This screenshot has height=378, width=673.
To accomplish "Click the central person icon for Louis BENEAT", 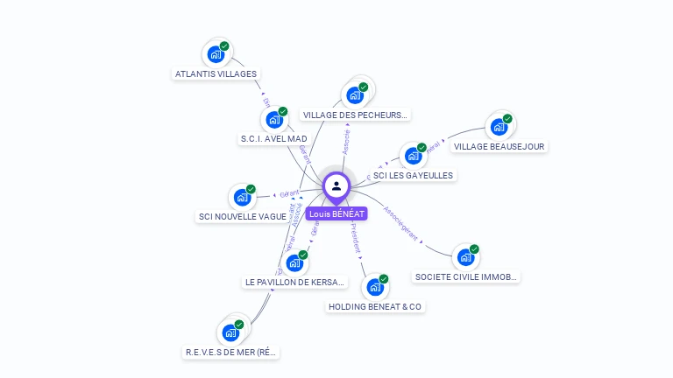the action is pyautogui.click(x=336, y=186).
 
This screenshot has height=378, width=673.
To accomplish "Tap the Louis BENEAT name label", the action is pyautogui.click(x=336, y=213).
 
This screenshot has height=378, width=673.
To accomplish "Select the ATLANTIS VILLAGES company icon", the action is pyautogui.click(x=215, y=55).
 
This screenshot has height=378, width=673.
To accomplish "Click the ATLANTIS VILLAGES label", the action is pyautogui.click(x=216, y=74).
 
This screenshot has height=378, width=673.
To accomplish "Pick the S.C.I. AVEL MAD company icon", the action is pyautogui.click(x=273, y=120).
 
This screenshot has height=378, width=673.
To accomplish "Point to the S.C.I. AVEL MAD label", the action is pyautogui.click(x=273, y=139).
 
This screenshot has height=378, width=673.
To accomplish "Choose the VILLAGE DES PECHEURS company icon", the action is pyautogui.click(x=355, y=94).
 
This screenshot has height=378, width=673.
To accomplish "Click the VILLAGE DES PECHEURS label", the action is pyautogui.click(x=355, y=115).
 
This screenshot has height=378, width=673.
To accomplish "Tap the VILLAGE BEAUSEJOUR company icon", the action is pyautogui.click(x=499, y=127).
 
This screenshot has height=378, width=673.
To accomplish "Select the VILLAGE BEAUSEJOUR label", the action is pyautogui.click(x=499, y=146).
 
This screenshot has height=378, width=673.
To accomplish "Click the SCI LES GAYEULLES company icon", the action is pyautogui.click(x=413, y=156).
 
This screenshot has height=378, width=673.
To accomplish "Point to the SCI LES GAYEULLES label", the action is pyautogui.click(x=413, y=175).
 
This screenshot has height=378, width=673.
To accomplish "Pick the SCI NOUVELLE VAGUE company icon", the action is pyautogui.click(x=242, y=198).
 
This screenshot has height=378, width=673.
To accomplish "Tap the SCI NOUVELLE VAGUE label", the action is pyautogui.click(x=243, y=217).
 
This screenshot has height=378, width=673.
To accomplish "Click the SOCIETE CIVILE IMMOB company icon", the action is pyautogui.click(x=465, y=258).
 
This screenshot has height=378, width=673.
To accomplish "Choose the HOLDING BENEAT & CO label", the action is pyautogui.click(x=375, y=307).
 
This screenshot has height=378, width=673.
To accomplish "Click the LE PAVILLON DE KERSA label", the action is pyautogui.click(x=295, y=283).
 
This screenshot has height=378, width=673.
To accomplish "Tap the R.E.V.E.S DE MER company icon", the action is pyautogui.click(x=230, y=332).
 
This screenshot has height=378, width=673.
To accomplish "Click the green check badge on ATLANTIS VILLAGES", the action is pyautogui.click(x=224, y=46).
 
